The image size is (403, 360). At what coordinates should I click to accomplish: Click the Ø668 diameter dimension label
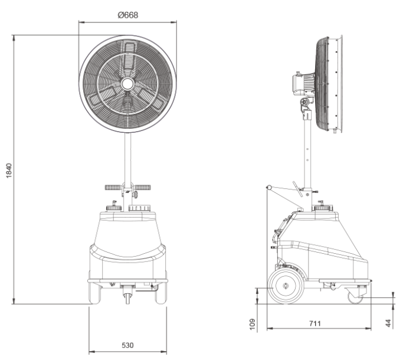(x=127, y=15)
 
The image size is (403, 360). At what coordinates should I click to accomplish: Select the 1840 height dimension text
(x=9, y=171)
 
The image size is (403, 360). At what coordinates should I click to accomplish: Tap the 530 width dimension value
(x=127, y=345)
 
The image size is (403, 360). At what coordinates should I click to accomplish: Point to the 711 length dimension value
(x=315, y=323)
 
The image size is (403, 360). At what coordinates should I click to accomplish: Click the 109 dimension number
(x=253, y=324)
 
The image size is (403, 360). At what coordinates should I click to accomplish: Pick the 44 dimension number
(x=388, y=323)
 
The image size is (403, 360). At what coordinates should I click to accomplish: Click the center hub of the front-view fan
(x=127, y=84)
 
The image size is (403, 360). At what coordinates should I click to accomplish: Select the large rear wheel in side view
(x=286, y=286)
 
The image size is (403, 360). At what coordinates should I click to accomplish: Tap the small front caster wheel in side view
(x=355, y=298)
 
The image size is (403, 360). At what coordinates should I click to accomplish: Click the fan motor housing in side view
(x=303, y=84)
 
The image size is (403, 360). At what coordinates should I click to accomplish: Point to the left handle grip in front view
(x=113, y=187)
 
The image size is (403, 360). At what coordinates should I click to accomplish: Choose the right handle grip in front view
(x=143, y=187)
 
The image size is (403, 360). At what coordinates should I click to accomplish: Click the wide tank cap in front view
(x=139, y=208)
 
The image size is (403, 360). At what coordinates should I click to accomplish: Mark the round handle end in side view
(x=269, y=187)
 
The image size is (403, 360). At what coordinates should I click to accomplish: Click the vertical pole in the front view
(x=127, y=158)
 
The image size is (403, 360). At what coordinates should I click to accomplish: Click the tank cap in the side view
(x=322, y=207)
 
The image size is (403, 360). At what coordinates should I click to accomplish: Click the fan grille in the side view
(x=322, y=84)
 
